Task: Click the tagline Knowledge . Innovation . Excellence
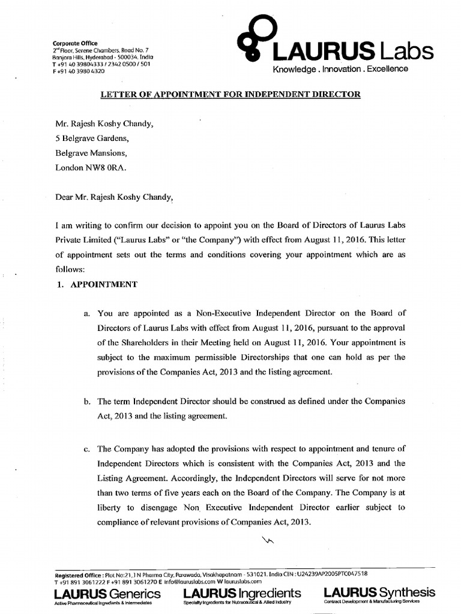tap(340, 69)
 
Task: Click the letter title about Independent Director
tap(230, 95)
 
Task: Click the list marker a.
tap(87, 313)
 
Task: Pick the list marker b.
tap(87, 401)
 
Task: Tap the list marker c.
tap(87, 448)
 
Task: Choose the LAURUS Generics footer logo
tap(107, 595)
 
